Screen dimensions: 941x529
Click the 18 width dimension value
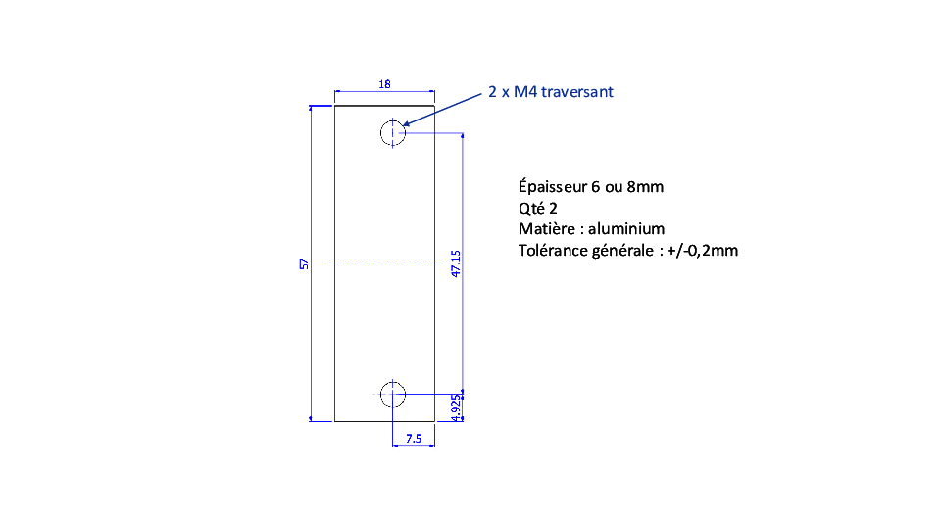pyautogui.click(x=384, y=84)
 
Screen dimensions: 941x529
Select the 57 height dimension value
pyautogui.click(x=304, y=264)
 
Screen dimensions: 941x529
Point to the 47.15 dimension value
pyautogui.click(x=456, y=264)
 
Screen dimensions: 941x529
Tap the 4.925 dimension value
pyautogui.click(x=456, y=408)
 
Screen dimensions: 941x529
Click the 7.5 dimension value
pyautogui.click(x=414, y=439)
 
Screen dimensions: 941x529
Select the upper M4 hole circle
pyautogui.click(x=380, y=133)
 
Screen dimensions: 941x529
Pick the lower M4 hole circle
pyautogui.click(x=380, y=395)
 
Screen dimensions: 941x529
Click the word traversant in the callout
pyautogui.click(x=577, y=92)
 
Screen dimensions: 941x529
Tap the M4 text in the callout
pyautogui.click(x=525, y=92)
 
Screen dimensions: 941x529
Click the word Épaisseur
pyautogui.click(x=553, y=186)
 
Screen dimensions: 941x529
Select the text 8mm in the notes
pyautogui.click(x=645, y=187)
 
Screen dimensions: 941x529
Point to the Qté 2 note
pyautogui.click(x=538, y=208)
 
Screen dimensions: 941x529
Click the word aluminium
pyautogui.click(x=626, y=229)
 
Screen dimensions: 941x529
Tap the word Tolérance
pyautogui.click(x=553, y=250)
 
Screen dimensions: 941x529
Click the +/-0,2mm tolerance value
pyautogui.click(x=702, y=250)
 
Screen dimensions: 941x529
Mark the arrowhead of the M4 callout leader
pyautogui.click(x=403, y=125)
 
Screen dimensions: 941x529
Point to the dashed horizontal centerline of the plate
pyautogui.click(x=382, y=264)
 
